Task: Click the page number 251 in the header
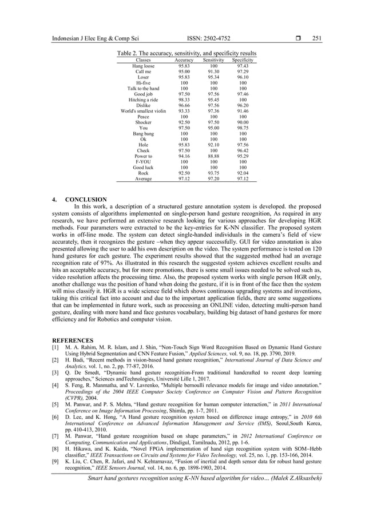316,39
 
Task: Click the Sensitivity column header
213,60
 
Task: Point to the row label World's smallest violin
143,111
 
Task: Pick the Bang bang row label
143,133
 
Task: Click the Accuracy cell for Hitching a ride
184,100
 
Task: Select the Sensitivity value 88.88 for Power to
213,156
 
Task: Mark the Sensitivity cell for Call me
213,72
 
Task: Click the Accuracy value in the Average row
184,179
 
